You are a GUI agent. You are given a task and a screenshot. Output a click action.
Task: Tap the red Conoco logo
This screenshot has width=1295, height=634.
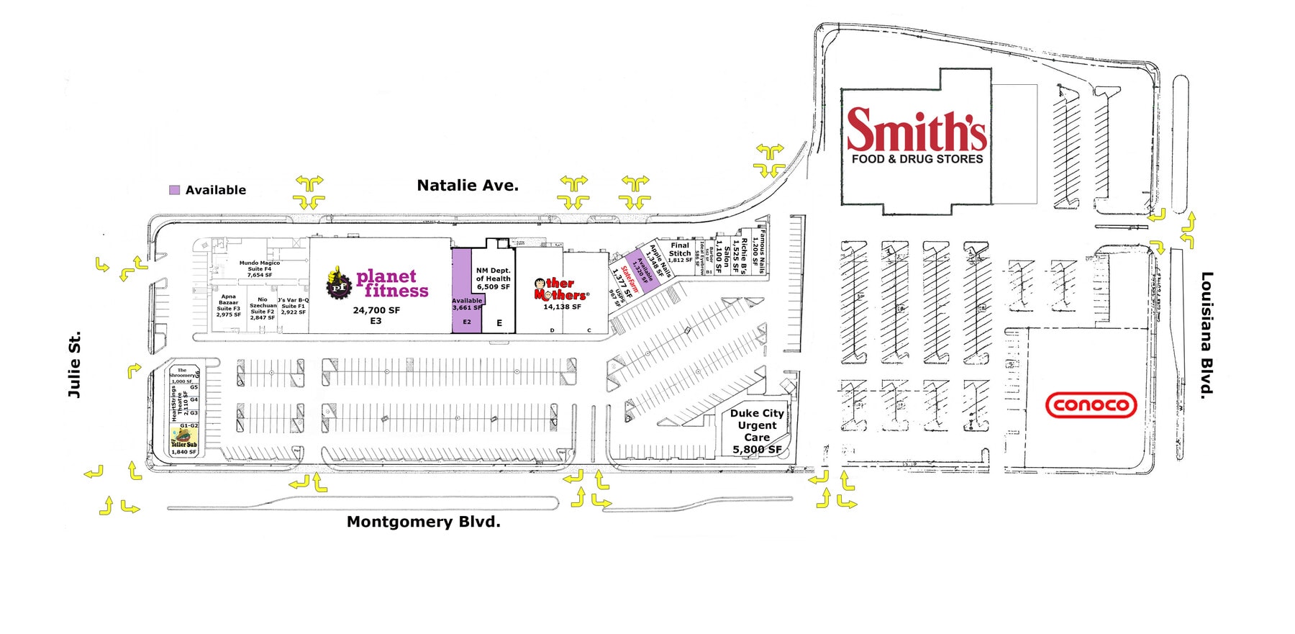(1090, 406)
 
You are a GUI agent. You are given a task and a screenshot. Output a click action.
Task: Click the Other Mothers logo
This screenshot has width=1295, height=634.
(560, 289)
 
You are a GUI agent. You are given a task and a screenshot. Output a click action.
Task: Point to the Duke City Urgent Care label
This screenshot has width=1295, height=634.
(757, 430)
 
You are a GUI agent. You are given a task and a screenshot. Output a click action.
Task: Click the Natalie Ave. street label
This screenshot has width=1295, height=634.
(468, 186)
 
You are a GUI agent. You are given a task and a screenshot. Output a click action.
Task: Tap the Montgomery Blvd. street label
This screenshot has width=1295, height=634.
(423, 522)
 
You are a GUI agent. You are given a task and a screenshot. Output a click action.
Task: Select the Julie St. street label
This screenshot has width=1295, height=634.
(74, 364)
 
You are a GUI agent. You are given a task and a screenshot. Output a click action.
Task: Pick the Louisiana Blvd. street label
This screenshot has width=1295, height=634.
(1207, 335)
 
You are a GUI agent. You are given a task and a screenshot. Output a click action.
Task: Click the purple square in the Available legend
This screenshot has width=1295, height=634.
(174, 190)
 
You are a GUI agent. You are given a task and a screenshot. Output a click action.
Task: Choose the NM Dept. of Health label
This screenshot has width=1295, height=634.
(493, 278)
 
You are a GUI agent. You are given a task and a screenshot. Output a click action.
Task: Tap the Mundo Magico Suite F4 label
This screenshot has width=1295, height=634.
(260, 268)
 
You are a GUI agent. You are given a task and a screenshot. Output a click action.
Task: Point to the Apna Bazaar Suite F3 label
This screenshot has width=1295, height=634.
(229, 305)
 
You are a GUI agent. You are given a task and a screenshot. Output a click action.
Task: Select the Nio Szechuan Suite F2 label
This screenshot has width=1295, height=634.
(263, 308)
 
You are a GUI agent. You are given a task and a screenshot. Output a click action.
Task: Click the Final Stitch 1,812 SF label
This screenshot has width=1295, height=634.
(680, 252)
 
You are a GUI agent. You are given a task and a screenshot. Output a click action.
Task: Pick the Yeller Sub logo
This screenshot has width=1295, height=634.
(183, 438)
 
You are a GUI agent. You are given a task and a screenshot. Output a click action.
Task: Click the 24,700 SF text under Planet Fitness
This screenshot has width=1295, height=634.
(376, 310)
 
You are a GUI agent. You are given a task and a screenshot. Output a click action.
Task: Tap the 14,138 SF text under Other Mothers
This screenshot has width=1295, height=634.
(562, 307)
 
